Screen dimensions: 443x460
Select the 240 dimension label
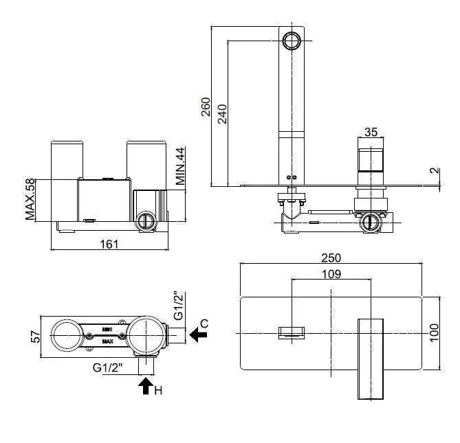(x=222, y=112)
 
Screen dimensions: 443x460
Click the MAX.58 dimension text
(x=31, y=200)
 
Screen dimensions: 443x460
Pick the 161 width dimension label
(x=109, y=243)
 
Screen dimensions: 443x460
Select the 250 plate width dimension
(x=331, y=258)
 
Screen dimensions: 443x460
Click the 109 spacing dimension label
(x=331, y=273)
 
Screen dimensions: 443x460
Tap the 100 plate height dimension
(x=434, y=334)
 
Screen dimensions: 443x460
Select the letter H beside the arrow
(x=157, y=391)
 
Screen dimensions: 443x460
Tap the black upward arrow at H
(x=145, y=385)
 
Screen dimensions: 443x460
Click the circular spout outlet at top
(x=292, y=41)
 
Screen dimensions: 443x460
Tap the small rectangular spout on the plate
(x=292, y=334)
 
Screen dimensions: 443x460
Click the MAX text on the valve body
(x=107, y=341)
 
